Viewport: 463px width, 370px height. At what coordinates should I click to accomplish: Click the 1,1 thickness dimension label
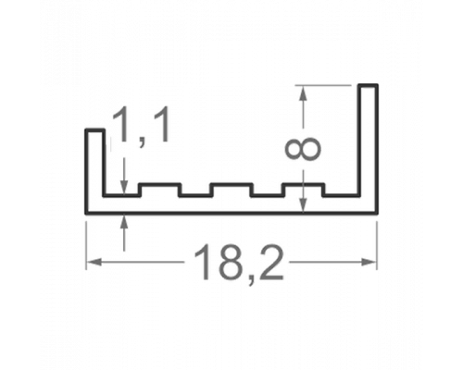(141, 126)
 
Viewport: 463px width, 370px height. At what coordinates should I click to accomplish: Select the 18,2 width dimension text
(238, 262)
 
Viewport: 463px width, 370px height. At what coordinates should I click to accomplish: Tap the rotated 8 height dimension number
(303, 149)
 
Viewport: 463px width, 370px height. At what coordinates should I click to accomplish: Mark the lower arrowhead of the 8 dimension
(304, 205)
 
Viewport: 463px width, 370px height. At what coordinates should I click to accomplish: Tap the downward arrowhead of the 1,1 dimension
(124, 188)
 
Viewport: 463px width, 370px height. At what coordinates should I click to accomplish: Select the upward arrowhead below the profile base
(124, 221)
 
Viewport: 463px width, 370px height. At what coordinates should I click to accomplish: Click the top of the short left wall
(95, 130)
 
